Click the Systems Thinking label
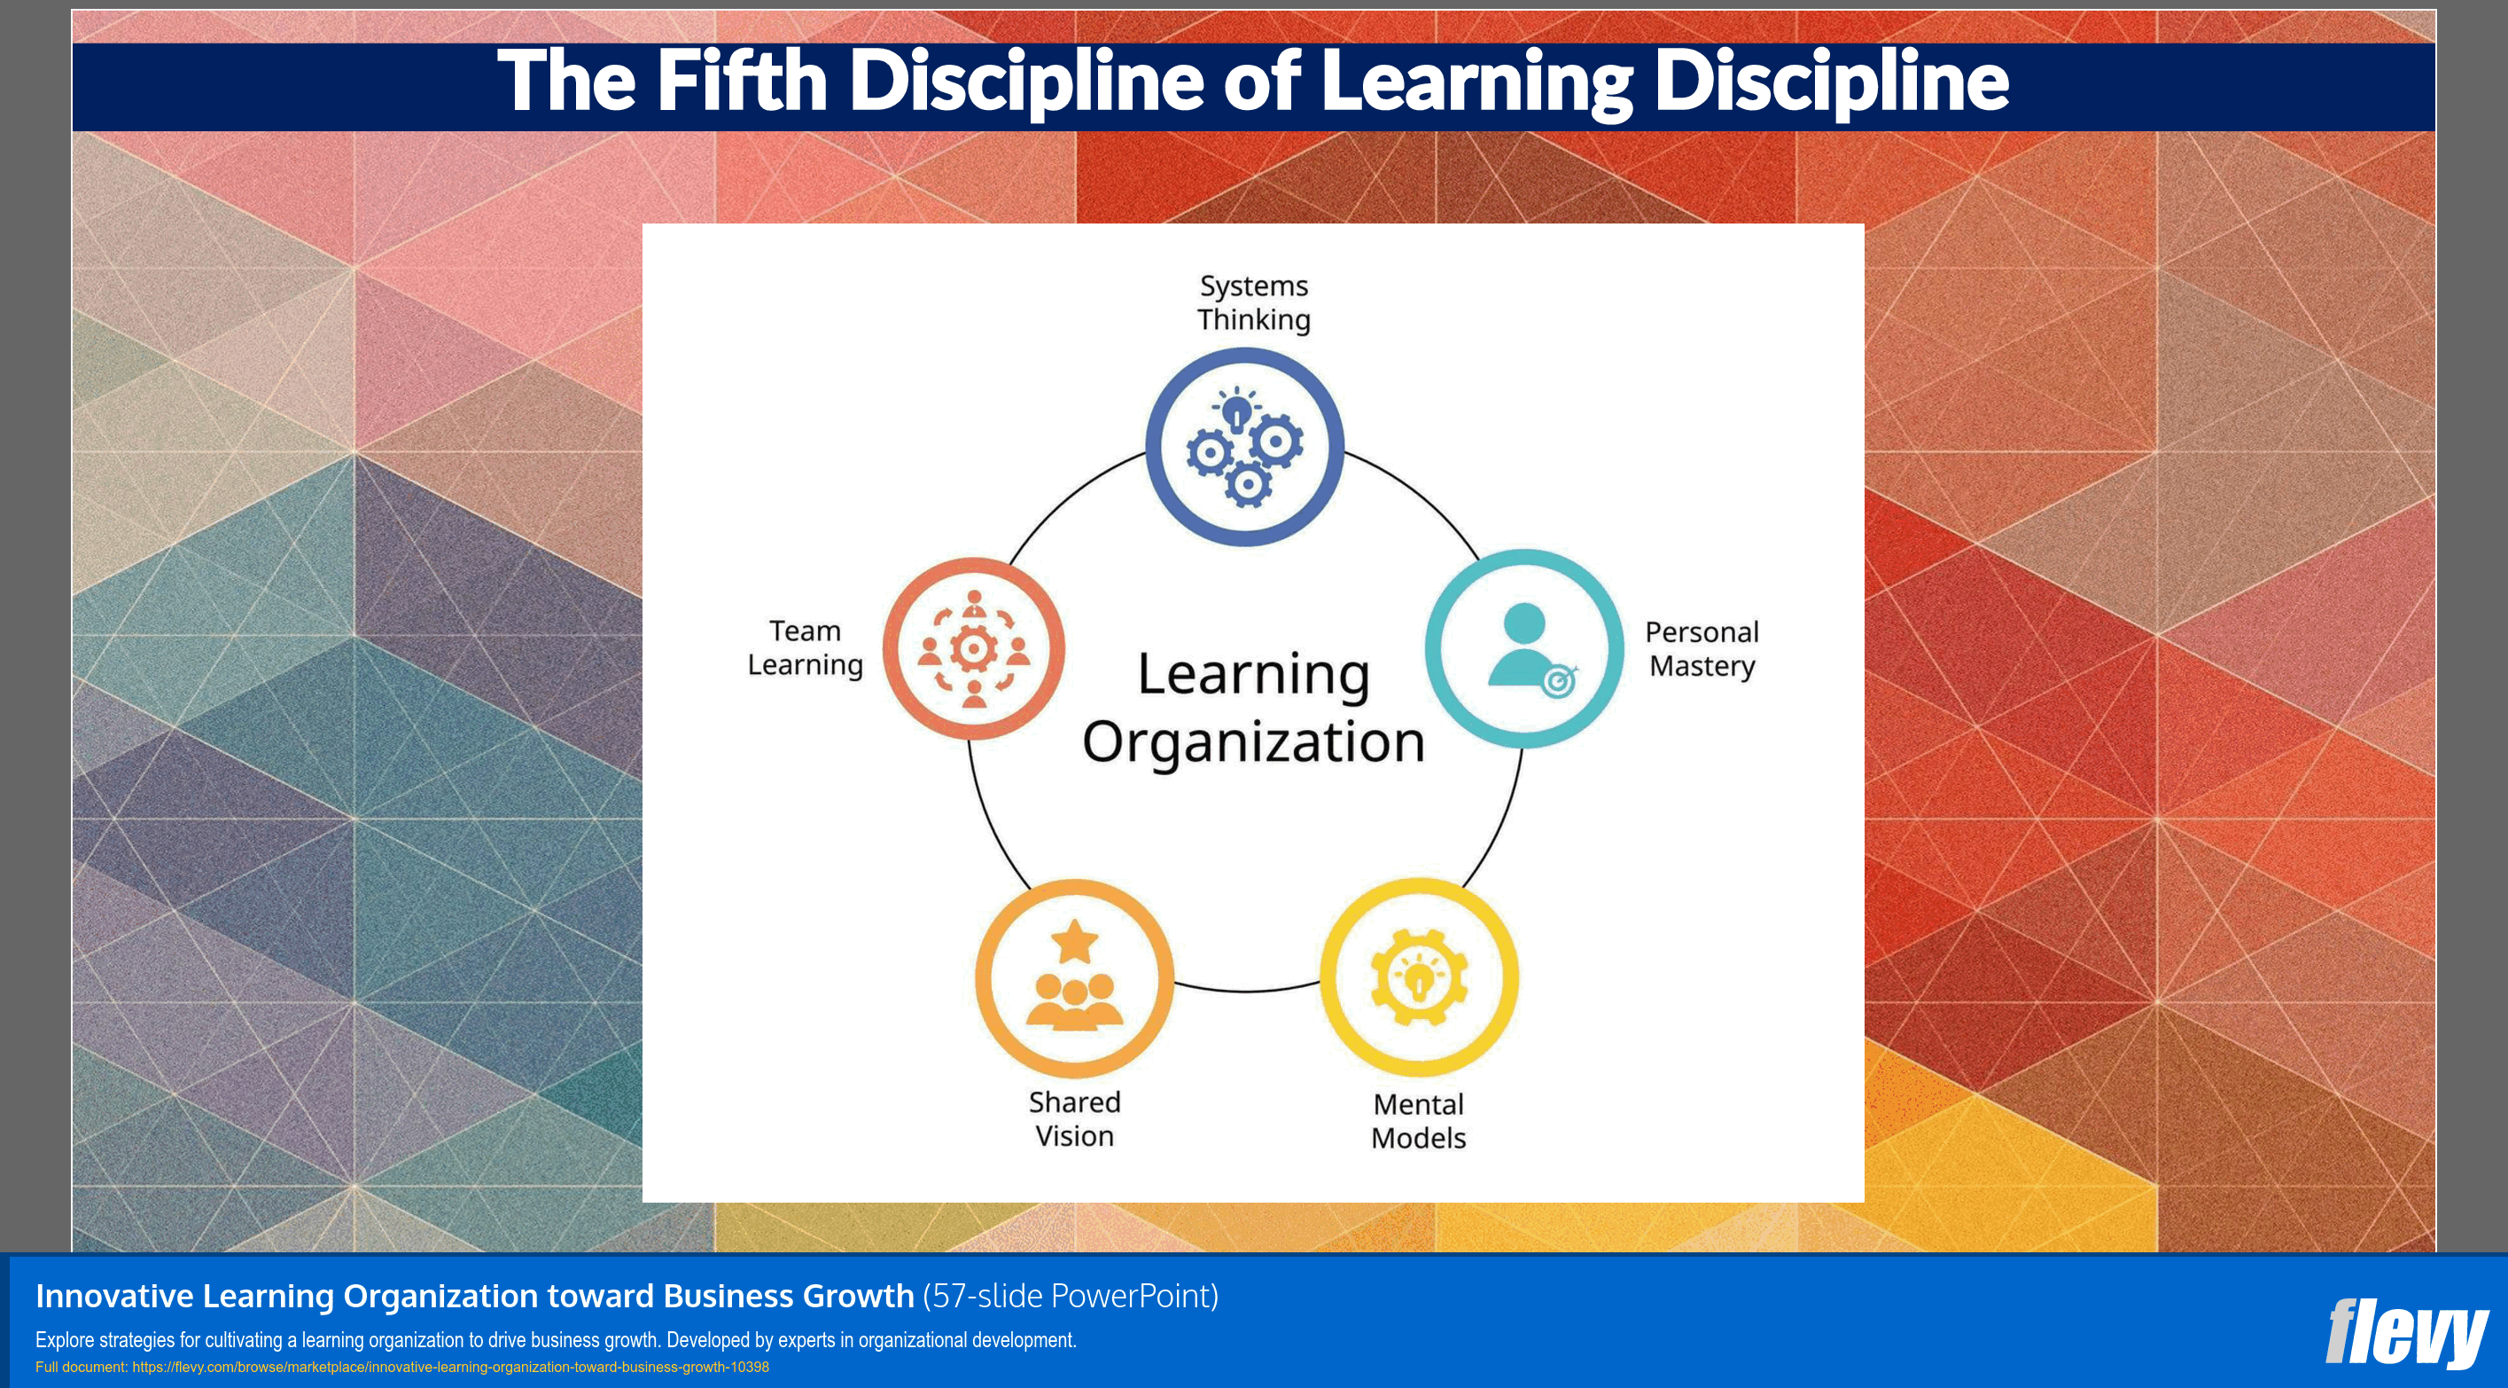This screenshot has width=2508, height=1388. tap(1254, 303)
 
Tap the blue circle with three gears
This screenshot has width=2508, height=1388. tap(1244, 447)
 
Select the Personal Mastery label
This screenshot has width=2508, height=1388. tap(1701, 648)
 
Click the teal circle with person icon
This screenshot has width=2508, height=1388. tap(1523, 648)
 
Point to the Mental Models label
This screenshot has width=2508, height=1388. tap(1419, 1121)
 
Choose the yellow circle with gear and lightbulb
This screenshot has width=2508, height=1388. tap(1419, 977)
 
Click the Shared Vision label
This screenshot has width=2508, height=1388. tap(1074, 1119)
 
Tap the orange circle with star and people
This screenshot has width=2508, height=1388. tap(1074, 978)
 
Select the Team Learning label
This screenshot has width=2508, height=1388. tap(806, 647)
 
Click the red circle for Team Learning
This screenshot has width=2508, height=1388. tap(974, 648)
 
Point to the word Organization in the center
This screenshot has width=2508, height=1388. tap(1253, 742)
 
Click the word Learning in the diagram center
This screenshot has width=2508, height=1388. tap(1253, 674)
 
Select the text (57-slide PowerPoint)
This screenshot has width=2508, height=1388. tap(1070, 1297)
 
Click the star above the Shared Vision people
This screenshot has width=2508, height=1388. tap(1075, 941)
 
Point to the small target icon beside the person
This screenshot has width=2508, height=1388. tap(1559, 682)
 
